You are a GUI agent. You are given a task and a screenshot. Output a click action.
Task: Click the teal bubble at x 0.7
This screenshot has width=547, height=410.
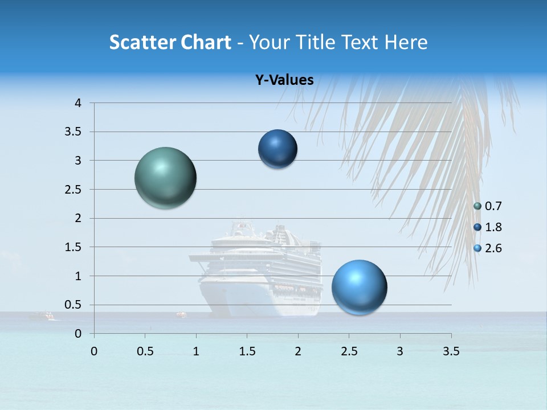166,178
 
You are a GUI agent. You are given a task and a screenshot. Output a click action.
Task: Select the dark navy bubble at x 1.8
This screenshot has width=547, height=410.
277,149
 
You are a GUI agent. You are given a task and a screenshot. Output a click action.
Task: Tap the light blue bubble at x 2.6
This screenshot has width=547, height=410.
359,287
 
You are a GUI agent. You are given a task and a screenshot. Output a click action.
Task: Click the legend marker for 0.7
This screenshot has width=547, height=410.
477,206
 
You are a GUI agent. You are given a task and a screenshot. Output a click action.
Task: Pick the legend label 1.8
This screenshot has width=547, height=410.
493,227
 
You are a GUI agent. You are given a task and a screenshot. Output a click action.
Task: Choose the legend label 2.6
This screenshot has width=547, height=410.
493,248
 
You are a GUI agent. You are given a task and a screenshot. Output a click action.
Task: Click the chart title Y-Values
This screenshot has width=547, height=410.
284,80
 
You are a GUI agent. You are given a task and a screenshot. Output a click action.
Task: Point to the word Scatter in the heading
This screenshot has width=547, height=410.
141,42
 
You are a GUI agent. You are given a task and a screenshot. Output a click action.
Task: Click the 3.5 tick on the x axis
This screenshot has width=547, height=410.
451,351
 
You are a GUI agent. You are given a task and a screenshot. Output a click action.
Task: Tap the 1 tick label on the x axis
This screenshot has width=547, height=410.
196,351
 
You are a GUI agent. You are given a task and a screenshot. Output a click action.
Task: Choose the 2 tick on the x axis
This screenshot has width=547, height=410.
298,351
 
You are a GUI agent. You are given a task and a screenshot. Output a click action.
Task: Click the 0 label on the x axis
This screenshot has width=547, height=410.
94,351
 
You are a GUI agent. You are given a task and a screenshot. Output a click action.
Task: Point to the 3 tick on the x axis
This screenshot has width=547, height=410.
400,351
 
